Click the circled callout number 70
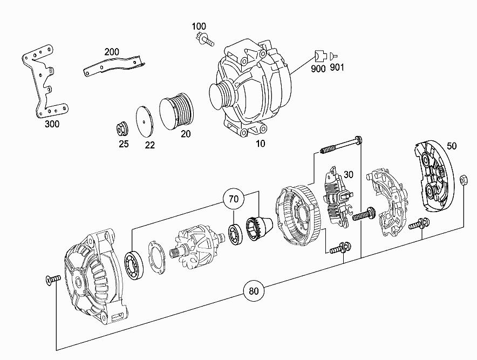[x=233, y=199]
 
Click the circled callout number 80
[x=254, y=291]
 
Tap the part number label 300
[x=52, y=124]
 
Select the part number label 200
[x=112, y=52]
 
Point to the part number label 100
[x=199, y=26]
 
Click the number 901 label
[x=337, y=67]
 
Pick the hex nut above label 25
[x=122, y=130]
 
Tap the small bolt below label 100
[x=205, y=40]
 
